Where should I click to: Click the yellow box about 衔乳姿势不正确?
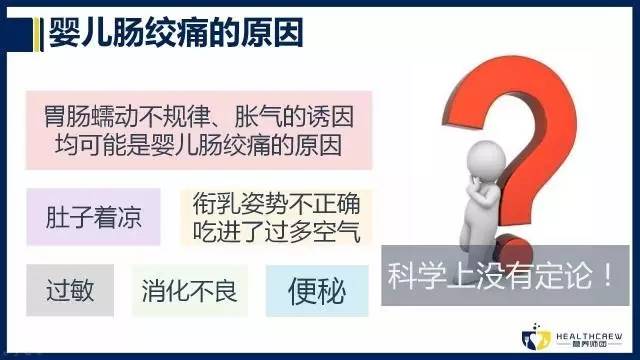click(x=277, y=217)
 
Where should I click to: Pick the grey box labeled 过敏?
click(x=70, y=291)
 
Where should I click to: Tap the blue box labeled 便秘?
click(x=316, y=291)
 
